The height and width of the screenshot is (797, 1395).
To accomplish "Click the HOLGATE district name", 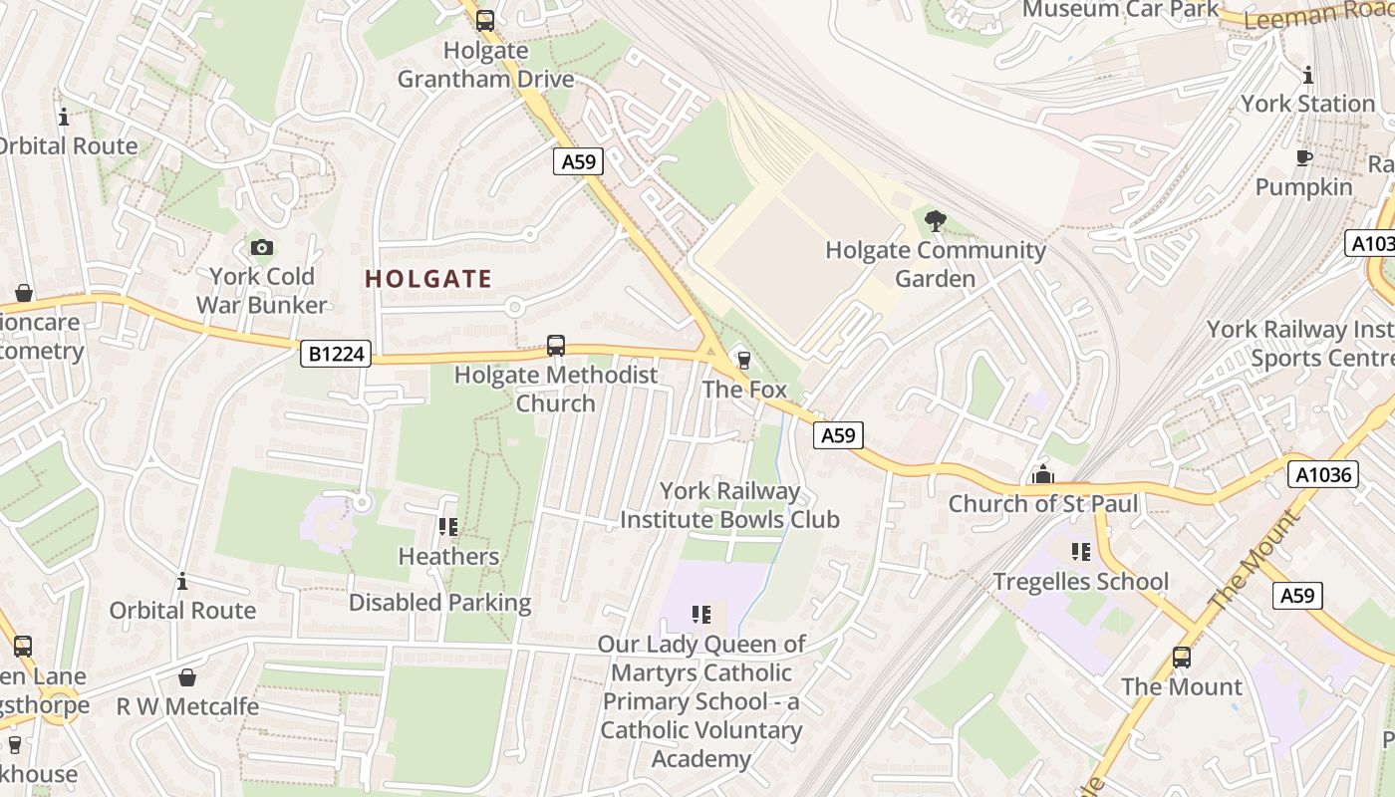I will point(428,279).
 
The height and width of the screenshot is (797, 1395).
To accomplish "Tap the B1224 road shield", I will point(336,354).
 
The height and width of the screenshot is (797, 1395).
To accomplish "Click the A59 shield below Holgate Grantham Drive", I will point(578,160).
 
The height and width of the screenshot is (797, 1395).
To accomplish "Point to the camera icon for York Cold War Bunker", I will point(261,247).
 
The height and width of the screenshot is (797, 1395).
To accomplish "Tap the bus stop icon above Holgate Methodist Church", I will point(556,346).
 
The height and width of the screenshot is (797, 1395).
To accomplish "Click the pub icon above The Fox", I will point(742,360).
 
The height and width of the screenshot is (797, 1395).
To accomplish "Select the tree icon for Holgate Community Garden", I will point(935,221).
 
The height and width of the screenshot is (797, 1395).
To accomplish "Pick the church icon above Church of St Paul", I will point(1043,474).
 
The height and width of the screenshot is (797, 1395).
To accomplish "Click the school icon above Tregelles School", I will point(1081,552).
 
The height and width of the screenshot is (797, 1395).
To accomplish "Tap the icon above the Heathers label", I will point(448,526).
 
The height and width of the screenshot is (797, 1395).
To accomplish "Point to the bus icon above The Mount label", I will point(1182,658).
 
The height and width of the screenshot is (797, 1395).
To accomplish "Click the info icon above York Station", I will point(1307,75).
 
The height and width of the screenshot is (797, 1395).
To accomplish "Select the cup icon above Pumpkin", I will point(1303,158).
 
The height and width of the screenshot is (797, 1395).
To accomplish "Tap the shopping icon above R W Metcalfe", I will point(186,677).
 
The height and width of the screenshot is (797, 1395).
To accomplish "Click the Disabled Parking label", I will point(439,603).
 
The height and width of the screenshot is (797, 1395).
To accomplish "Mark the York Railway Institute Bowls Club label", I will point(729,505).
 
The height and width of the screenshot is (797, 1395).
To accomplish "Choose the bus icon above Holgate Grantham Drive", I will point(485,20).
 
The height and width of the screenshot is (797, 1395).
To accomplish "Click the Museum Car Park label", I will point(1120,9).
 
